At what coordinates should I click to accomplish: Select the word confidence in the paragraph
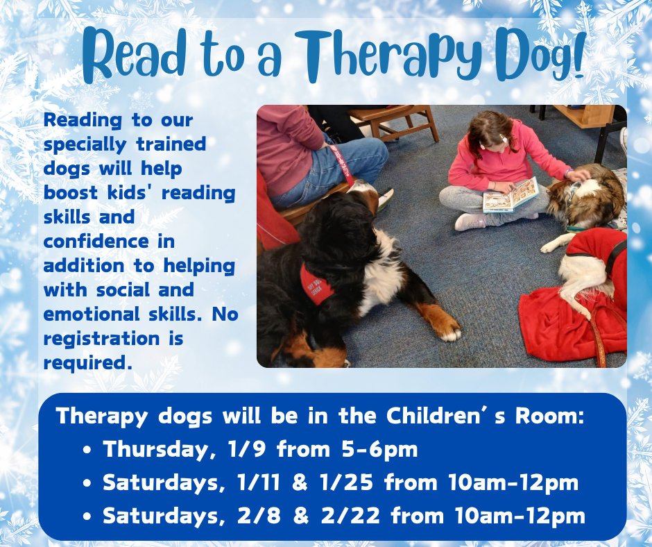click(x=96, y=242)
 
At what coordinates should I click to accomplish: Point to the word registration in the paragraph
click(x=101, y=339)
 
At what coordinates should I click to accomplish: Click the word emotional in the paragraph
click(x=92, y=314)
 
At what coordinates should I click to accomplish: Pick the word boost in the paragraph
click(x=70, y=193)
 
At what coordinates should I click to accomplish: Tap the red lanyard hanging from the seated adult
click(x=343, y=165)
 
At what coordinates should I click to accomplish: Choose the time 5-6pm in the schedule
click(x=379, y=450)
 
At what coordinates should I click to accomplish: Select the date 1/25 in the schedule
click(x=346, y=482)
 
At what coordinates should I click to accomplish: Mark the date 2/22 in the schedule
click(x=350, y=516)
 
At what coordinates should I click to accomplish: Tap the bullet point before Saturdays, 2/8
click(x=87, y=516)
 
